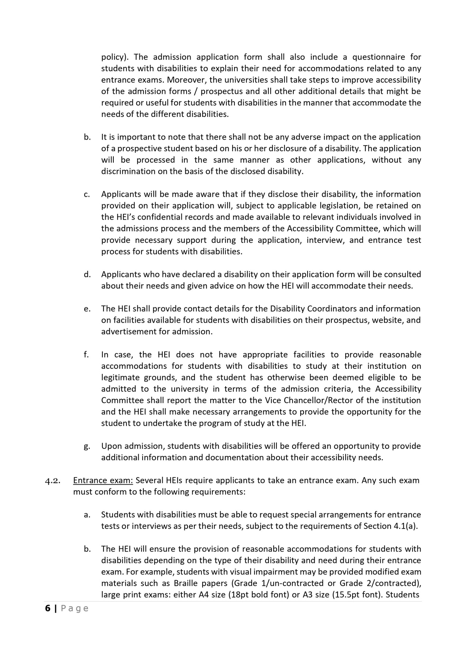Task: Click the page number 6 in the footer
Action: (x=48, y=608)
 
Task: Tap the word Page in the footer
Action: (x=75, y=608)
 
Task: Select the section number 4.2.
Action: (x=52, y=480)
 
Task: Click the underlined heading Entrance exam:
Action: (x=103, y=480)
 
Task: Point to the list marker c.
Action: (x=87, y=194)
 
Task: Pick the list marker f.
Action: (x=86, y=355)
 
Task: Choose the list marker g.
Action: (x=87, y=446)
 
